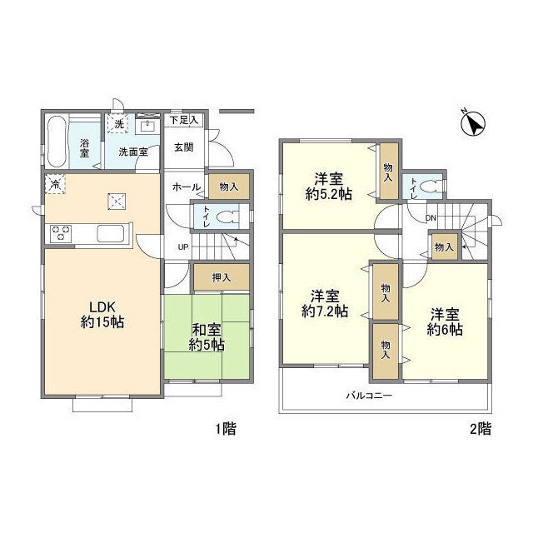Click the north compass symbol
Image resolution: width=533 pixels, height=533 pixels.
(474, 124)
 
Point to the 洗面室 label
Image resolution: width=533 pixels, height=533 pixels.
(132, 152)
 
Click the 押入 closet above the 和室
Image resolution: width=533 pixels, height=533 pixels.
(221, 276)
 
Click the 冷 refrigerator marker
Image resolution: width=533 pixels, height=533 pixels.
(54, 184)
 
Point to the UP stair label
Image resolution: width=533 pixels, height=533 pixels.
(182, 247)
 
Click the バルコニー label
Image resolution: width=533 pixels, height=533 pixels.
(369, 396)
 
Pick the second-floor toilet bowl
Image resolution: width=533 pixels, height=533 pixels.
(428, 188)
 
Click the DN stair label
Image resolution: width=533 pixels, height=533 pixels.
(431, 218)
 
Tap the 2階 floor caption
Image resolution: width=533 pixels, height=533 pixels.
(480, 430)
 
